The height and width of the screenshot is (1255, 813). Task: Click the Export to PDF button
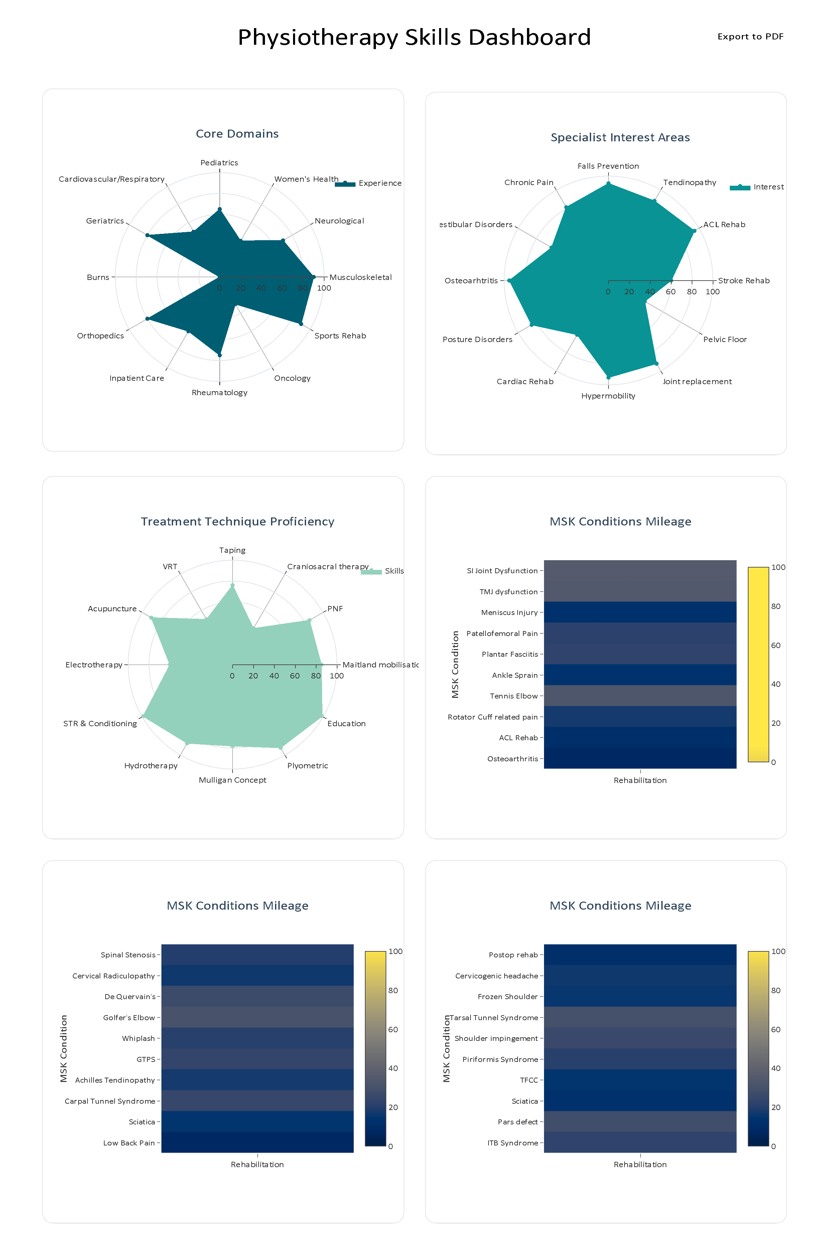tap(750, 36)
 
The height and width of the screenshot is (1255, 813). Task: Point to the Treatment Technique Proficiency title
tap(237, 521)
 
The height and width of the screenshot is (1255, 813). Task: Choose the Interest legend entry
tap(757, 187)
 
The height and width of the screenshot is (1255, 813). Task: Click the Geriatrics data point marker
tap(147, 235)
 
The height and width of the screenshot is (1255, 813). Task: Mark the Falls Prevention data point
tap(608, 184)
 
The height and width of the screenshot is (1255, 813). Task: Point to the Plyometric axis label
tap(307, 765)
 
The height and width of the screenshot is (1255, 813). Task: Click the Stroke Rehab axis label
tap(743, 281)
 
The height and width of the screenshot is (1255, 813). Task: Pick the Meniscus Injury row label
tap(509, 612)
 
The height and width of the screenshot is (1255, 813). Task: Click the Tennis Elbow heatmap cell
tap(640, 695)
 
